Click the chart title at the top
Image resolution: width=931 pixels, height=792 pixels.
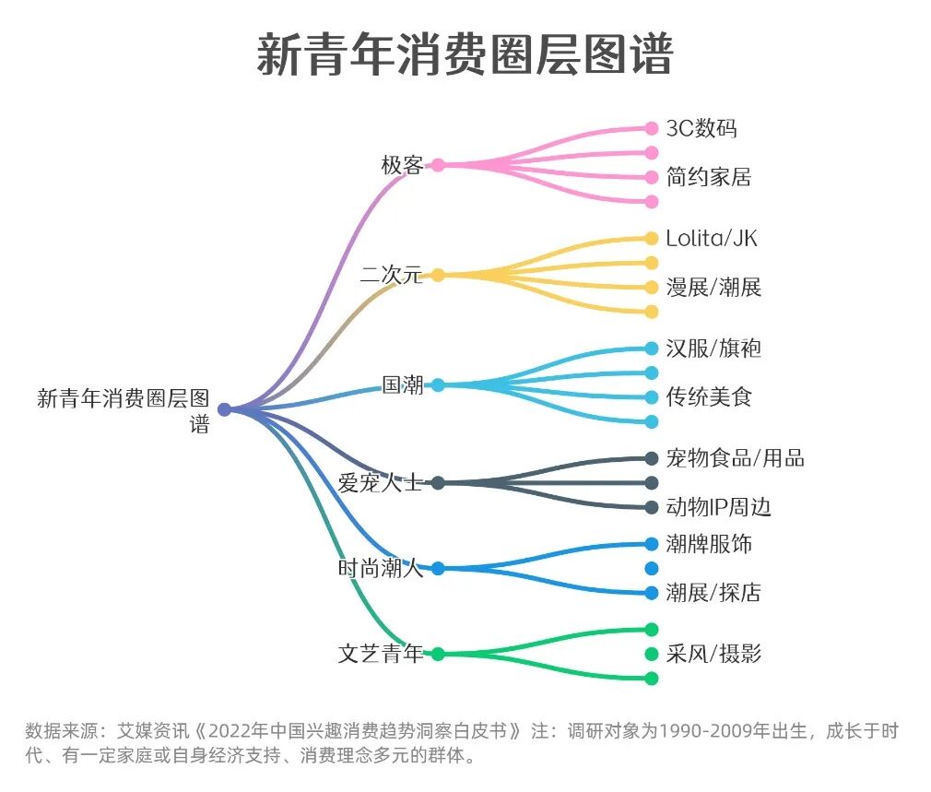465,54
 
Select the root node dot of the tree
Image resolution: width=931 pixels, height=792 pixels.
224,410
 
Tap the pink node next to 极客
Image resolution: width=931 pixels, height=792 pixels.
438,165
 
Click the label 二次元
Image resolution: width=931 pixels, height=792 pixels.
391,275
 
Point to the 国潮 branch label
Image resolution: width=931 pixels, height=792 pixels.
403,384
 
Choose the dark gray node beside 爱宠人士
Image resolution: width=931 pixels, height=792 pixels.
438,482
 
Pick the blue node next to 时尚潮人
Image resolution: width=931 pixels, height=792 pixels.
438,569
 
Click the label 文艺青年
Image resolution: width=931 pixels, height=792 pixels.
381,654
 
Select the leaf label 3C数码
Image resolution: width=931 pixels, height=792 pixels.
701,128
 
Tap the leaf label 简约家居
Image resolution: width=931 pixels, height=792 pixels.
709,177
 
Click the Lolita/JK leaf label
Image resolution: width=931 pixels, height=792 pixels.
712,238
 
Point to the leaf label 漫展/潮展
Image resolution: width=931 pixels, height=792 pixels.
713,287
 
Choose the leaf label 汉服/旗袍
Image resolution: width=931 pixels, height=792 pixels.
713,349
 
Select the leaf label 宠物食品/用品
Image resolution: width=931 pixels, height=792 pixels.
735,458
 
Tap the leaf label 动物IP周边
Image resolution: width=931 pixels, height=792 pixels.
718,507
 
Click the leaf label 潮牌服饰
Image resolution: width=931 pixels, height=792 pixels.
709,544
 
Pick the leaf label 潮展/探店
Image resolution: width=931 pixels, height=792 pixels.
713,593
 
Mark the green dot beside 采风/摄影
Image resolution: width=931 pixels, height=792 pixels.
652,655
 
